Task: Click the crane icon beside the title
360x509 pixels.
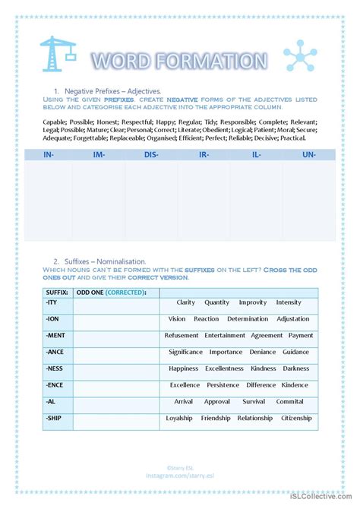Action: tap(57, 56)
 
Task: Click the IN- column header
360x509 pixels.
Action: tap(47, 154)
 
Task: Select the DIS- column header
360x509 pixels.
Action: tap(151, 154)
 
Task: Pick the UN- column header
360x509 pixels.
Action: tap(309, 154)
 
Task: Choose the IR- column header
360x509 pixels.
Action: tap(204, 154)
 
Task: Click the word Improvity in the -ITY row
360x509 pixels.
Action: tap(253, 302)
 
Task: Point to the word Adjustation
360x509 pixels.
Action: tap(293, 319)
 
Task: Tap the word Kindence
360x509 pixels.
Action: tap(295, 385)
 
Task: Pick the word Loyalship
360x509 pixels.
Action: tap(180, 418)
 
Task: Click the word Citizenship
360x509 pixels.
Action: tap(296, 418)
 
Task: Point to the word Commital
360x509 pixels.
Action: tap(289, 401)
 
